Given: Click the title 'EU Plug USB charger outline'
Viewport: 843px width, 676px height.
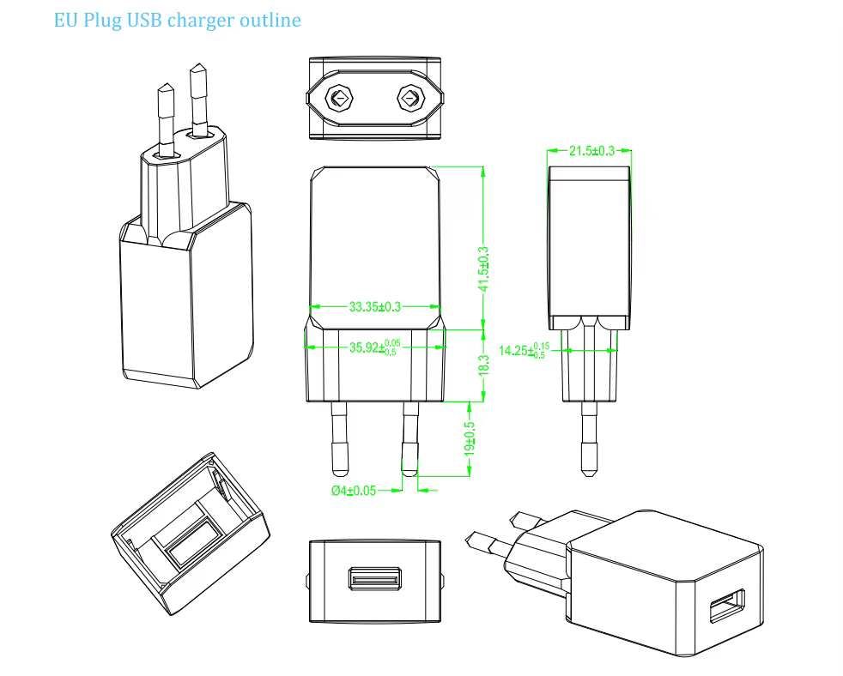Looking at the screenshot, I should click(178, 20).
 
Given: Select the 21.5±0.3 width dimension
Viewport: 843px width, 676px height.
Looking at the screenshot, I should click(591, 151).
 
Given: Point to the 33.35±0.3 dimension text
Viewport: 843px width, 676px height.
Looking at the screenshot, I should click(375, 305).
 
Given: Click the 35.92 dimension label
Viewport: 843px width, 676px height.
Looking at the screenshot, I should click(373, 347).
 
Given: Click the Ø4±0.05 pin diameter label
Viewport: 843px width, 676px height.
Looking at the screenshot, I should click(353, 491).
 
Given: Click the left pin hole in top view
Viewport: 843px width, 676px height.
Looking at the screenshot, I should click(341, 99).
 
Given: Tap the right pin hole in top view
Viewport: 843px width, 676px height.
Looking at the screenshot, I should click(409, 99).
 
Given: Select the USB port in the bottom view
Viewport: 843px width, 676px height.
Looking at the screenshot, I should click(375, 578).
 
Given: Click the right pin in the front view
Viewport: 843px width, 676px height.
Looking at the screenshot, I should click(408, 438).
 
